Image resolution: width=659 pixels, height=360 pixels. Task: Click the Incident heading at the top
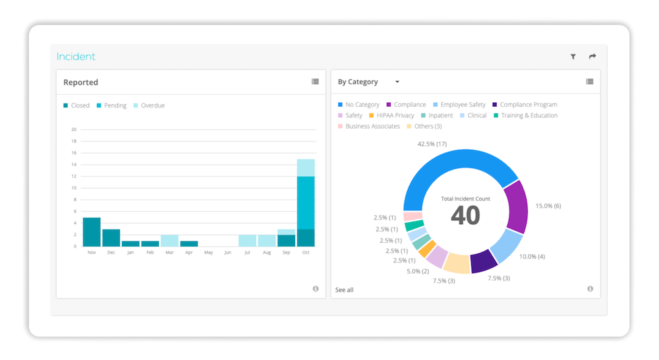[x=76, y=57]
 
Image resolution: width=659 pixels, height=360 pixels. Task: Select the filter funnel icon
[x=573, y=57]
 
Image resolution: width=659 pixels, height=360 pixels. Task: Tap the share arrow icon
[x=592, y=57]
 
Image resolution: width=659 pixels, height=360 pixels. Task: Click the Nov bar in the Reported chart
[x=92, y=231]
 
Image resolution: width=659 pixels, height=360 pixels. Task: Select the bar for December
[x=111, y=237]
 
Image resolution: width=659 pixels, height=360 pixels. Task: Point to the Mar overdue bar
[x=169, y=240]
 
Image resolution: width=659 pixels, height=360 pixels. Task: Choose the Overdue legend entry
[x=152, y=105]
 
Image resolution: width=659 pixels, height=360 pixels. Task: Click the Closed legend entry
[x=80, y=105]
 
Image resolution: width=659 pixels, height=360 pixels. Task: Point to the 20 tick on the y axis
[x=74, y=129]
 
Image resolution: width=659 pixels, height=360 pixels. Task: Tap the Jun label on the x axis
[x=228, y=252]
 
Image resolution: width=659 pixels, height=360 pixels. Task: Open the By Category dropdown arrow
[x=397, y=82]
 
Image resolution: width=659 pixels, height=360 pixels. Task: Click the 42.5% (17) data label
[x=432, y=144]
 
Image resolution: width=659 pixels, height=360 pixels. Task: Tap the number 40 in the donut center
[x=465, y=215]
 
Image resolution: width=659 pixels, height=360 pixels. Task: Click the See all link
[x=344, y=290]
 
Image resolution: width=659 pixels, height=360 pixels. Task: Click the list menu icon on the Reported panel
[x=315, y=82]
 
